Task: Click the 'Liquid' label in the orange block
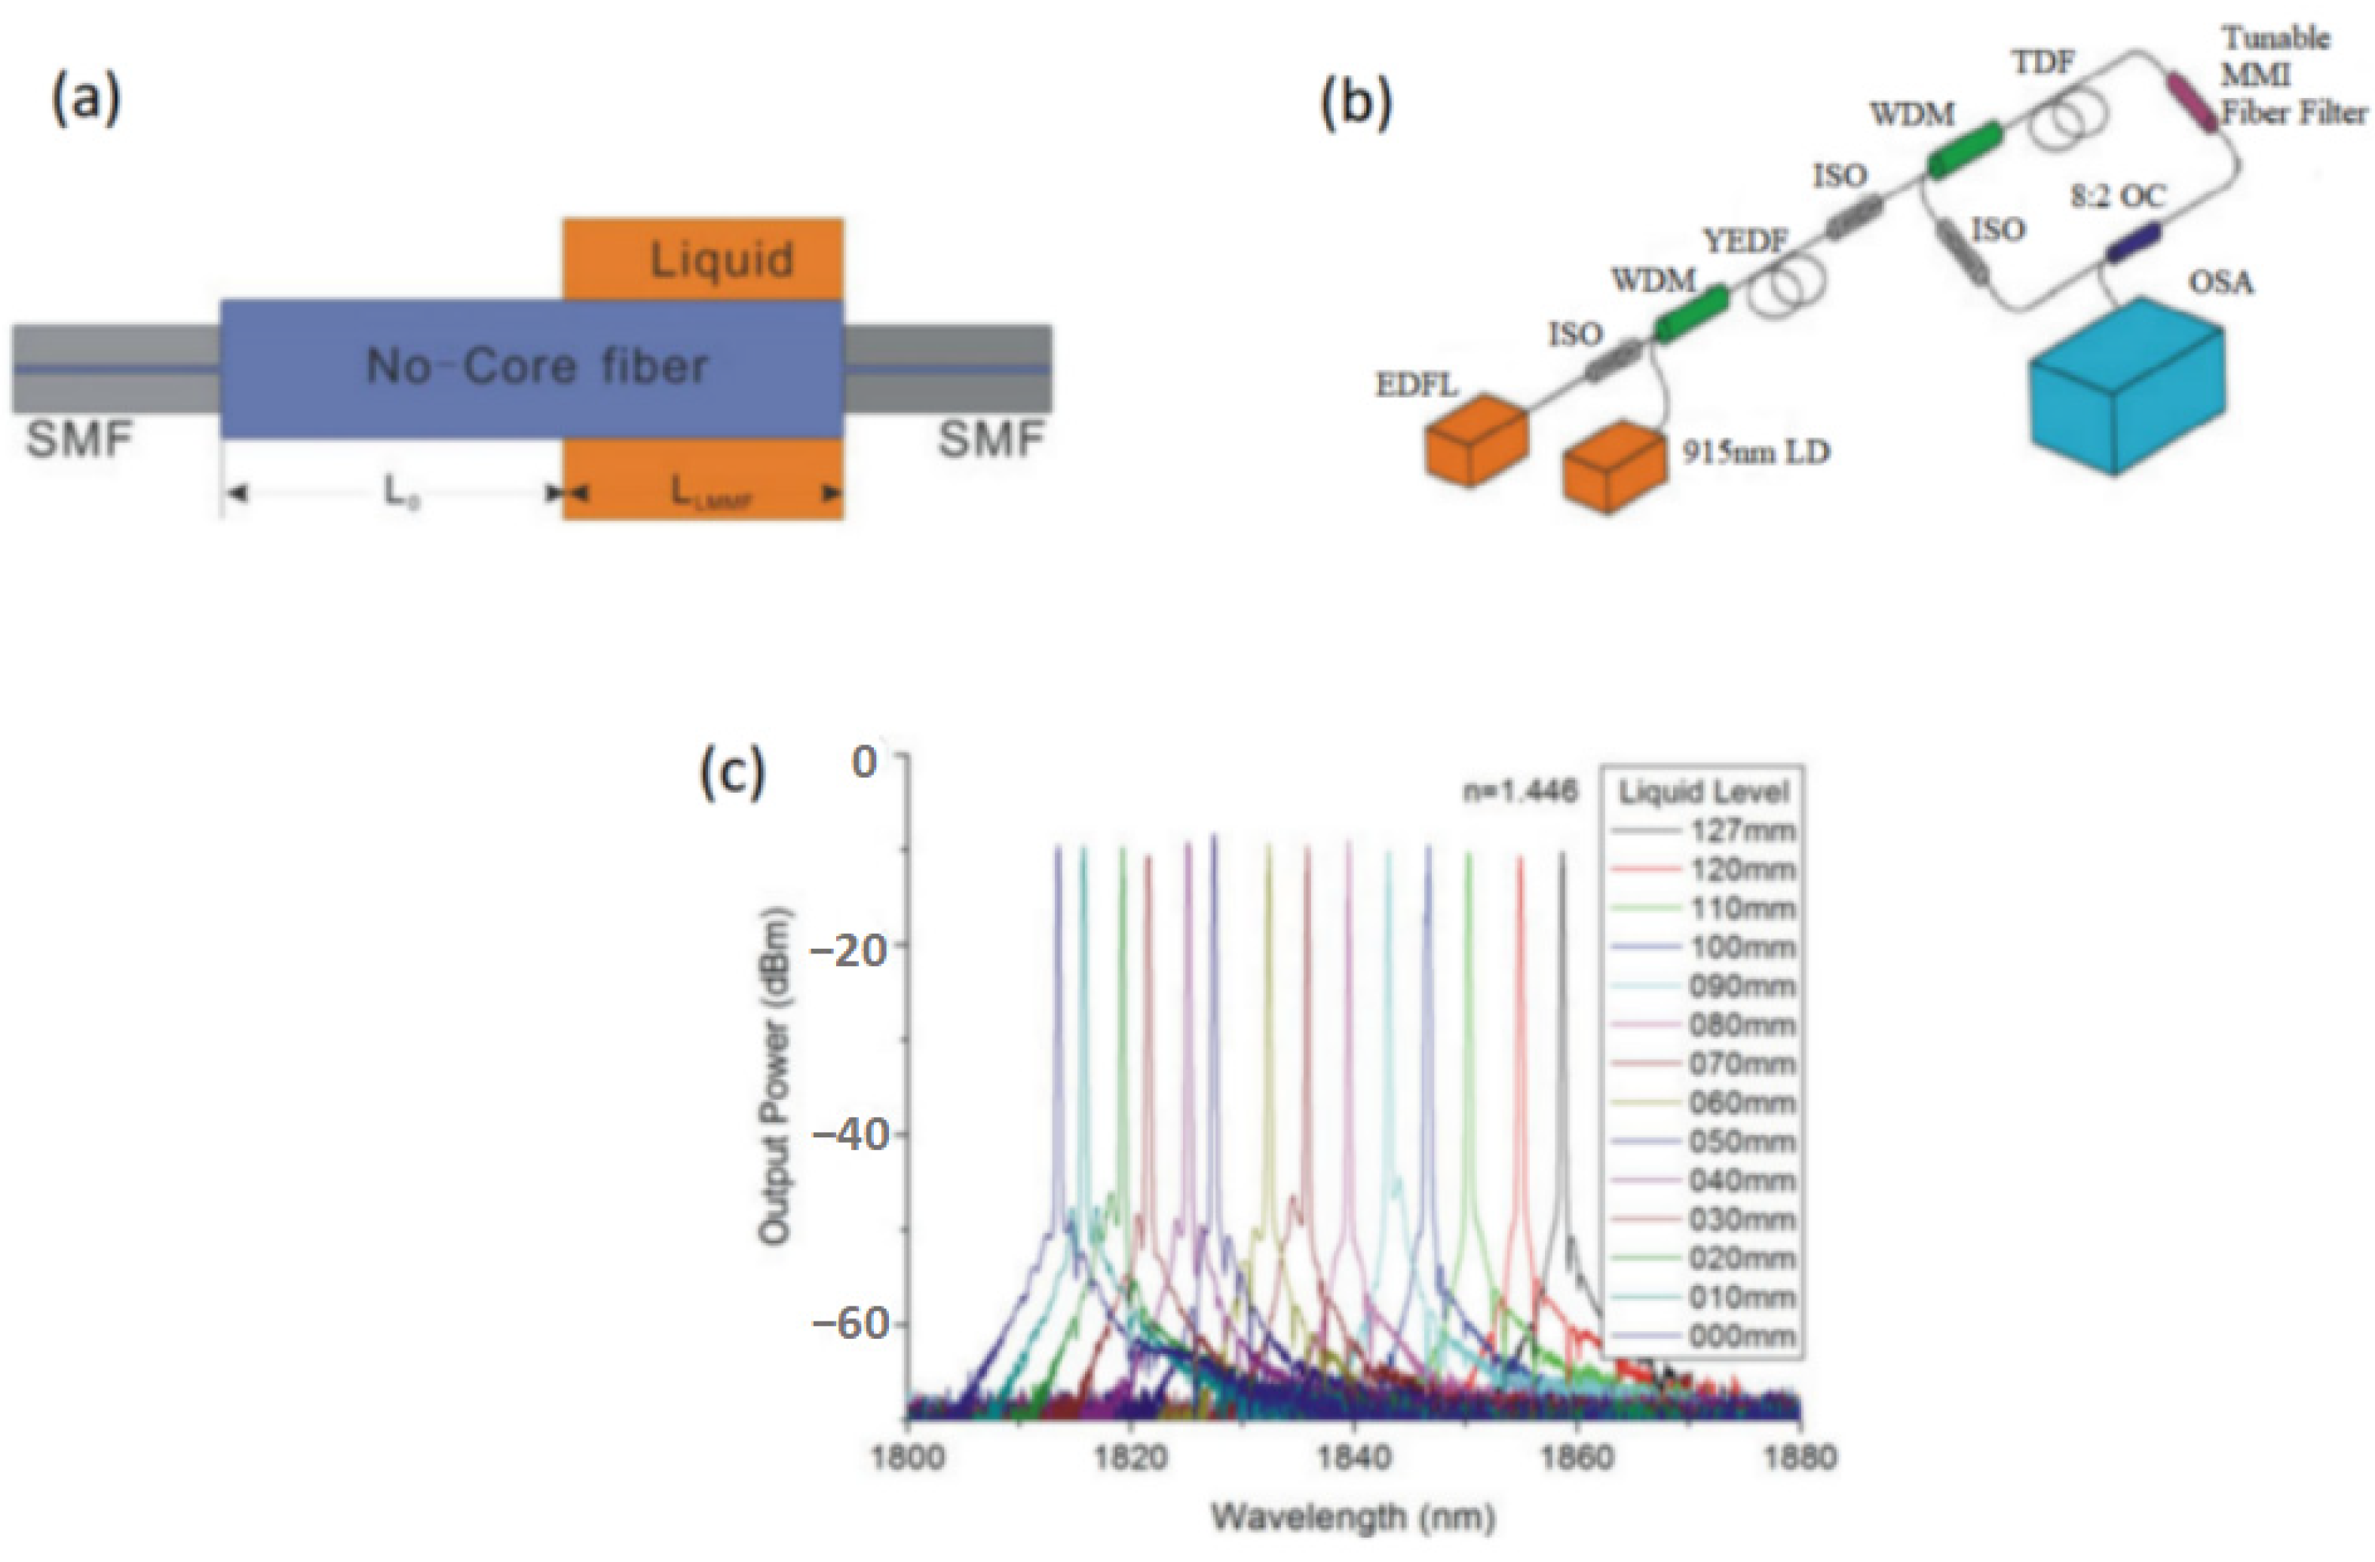722,260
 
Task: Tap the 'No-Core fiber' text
537,367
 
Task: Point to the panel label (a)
86,103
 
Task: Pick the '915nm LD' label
1755,453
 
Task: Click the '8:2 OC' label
2118,198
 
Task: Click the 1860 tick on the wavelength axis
1577,1458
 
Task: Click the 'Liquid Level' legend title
1703,793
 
